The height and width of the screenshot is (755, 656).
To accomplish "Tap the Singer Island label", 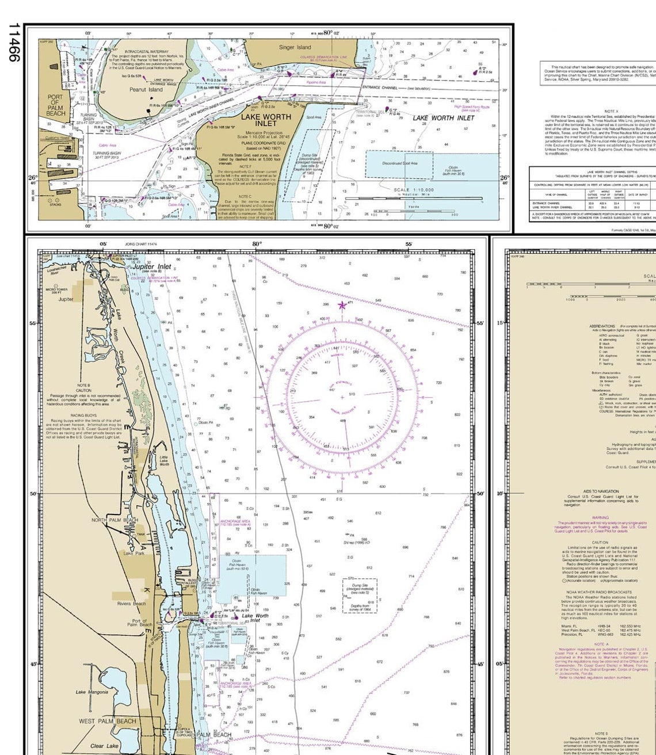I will point(295,48).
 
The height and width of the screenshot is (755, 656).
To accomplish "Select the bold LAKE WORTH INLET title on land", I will point(266,120).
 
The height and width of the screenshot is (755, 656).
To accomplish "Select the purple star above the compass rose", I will point(342,306).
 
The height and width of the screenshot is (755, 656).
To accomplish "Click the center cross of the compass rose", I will point(342,397).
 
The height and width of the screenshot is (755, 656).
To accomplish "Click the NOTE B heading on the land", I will point(83,385).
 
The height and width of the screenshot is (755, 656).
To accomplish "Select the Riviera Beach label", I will point(131,604).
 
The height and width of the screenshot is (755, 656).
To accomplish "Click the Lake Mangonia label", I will point(91,692).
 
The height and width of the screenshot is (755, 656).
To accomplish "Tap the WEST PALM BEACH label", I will point(108,721).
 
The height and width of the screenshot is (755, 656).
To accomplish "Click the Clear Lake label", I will point(104,746).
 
